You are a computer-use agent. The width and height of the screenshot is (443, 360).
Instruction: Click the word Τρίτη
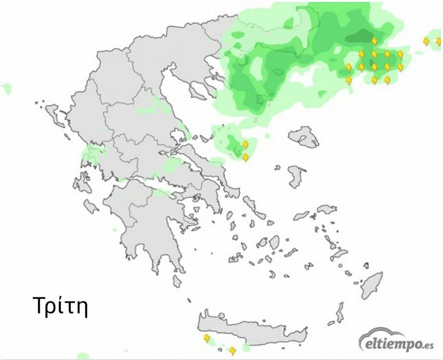click(x=60, y=306)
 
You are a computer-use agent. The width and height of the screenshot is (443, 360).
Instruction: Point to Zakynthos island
click(x=91, y=206)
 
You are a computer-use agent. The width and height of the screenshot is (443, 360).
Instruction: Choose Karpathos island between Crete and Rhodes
click(x=340, y=312)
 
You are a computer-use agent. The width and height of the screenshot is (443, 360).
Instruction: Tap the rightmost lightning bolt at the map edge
click(x=438, y=41)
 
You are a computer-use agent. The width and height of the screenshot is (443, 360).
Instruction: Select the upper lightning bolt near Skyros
click(x=245, y=145)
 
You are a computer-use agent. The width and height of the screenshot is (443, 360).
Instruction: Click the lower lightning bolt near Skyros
click(x=245, y=158)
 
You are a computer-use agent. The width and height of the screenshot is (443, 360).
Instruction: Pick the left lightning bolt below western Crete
click(x=207, y=339)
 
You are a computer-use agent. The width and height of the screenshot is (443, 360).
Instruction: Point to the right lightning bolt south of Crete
click(x=233, y=351)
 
